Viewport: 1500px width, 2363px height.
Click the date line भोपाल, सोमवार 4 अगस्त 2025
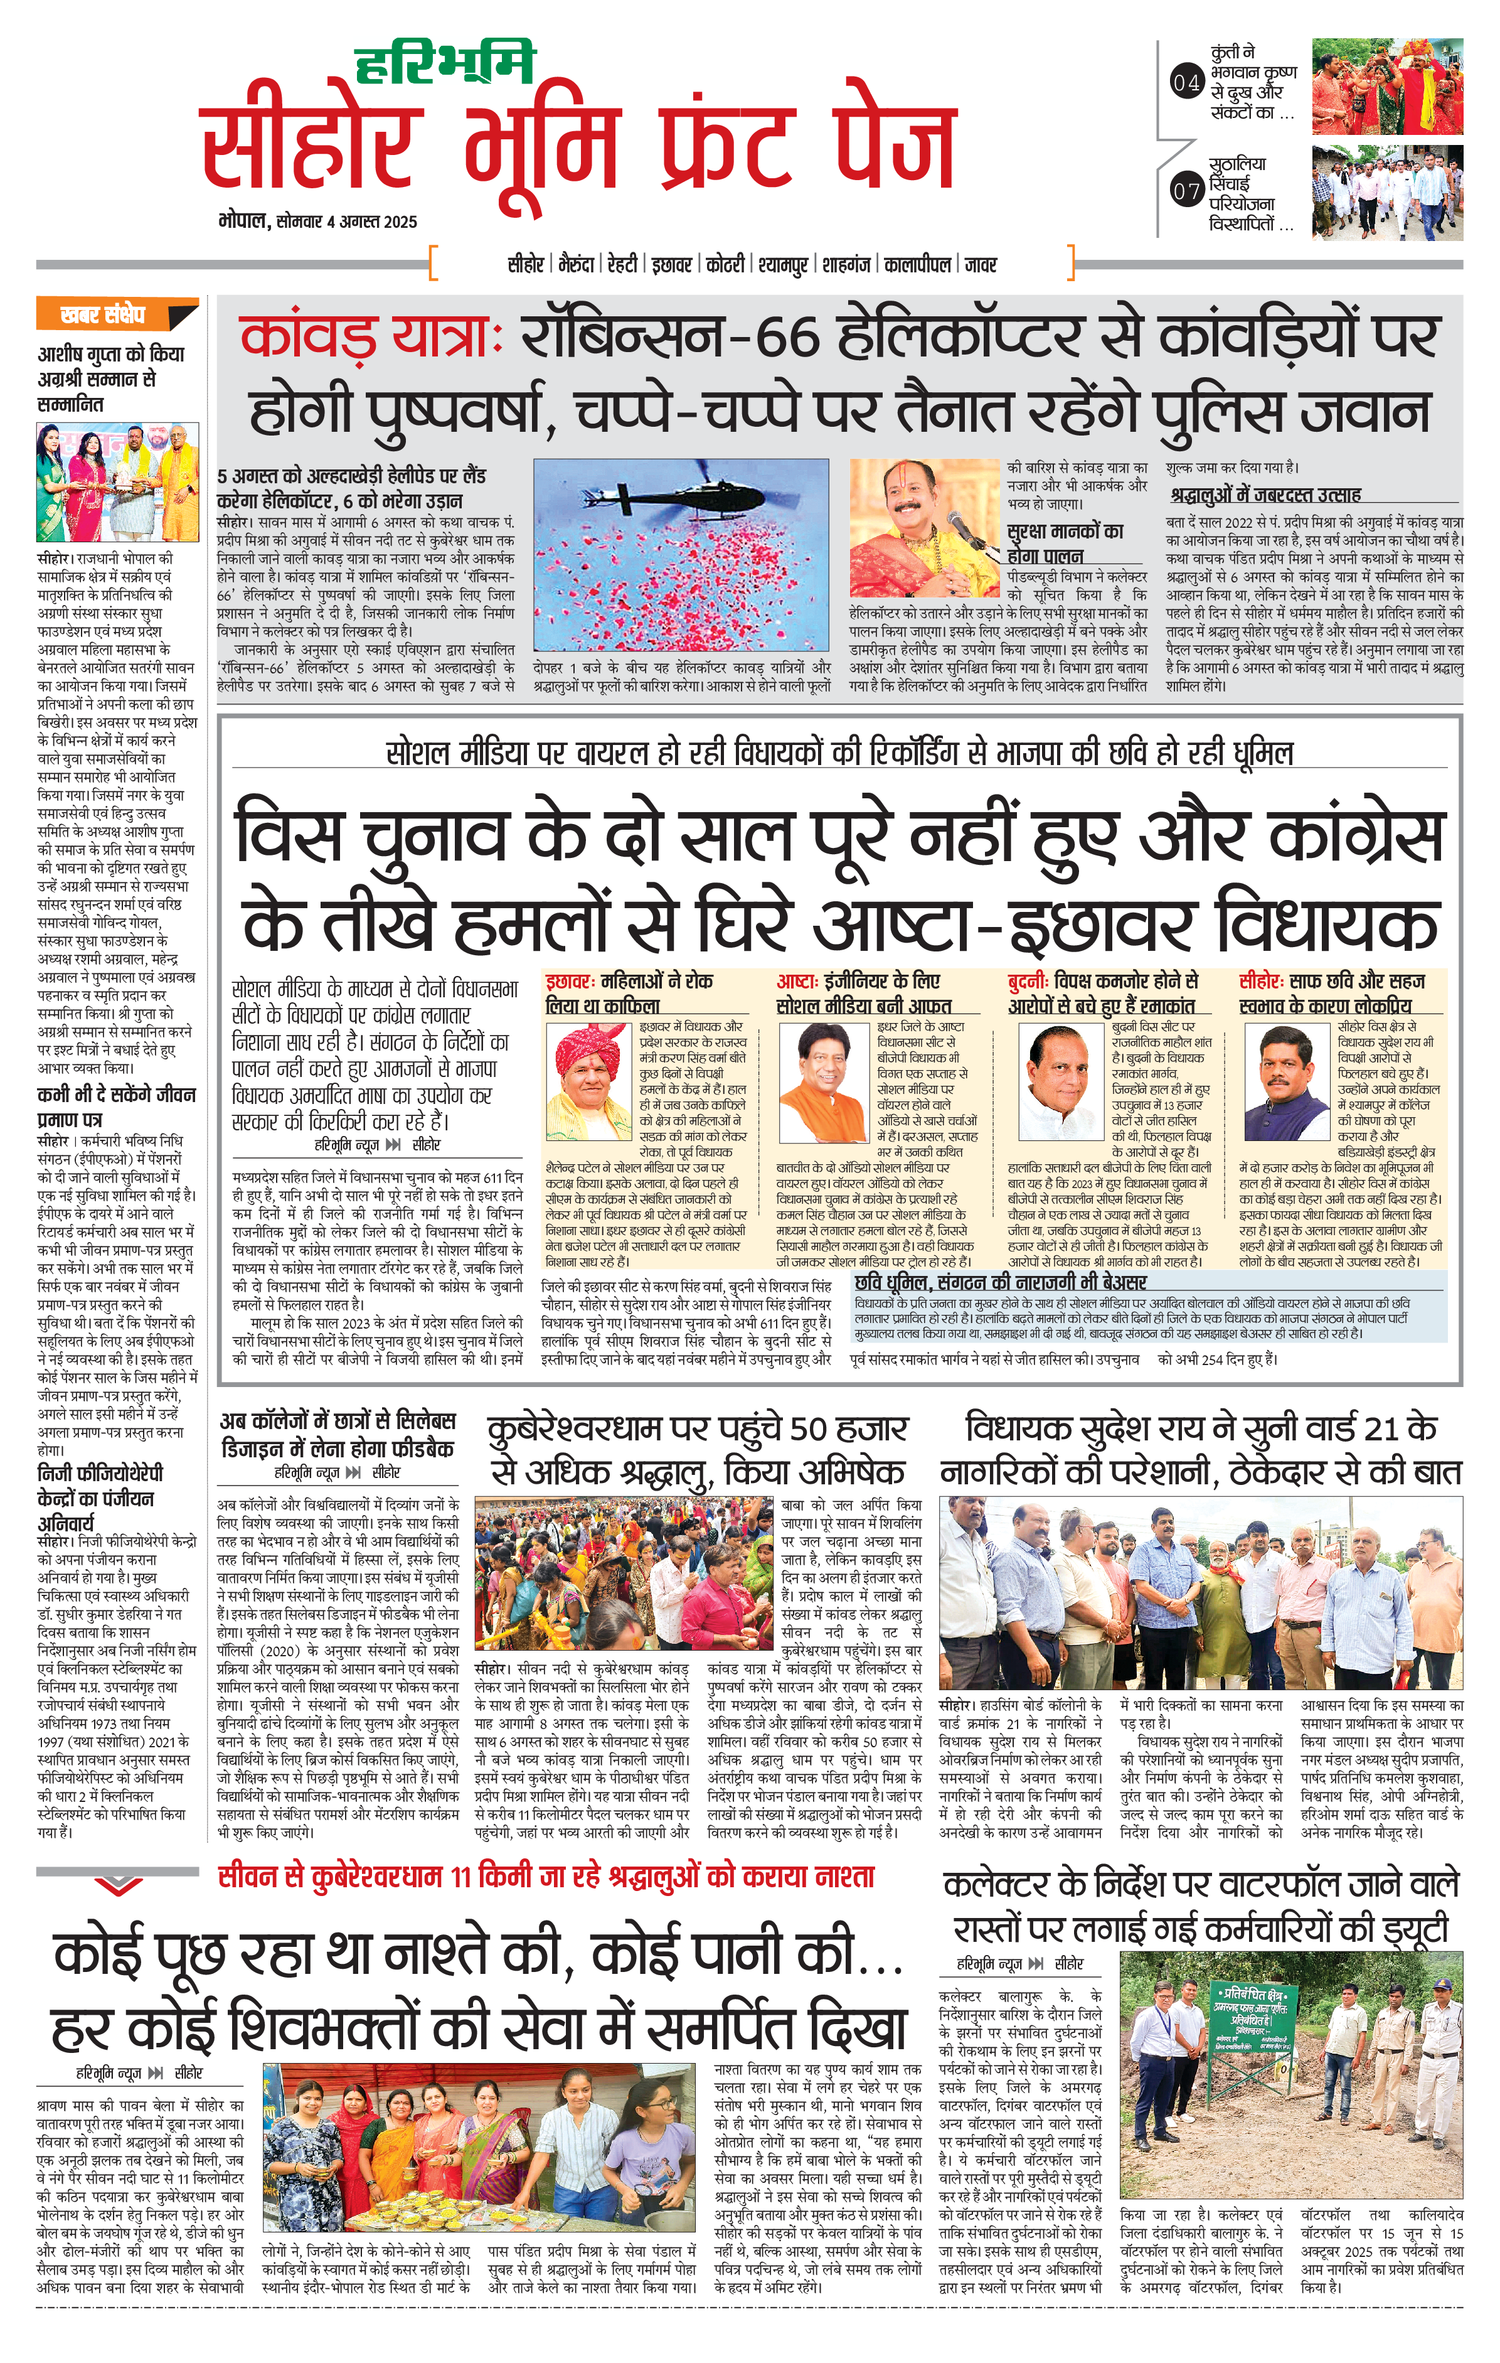318,222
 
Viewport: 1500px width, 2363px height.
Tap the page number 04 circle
1186,83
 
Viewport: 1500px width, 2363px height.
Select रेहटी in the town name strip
622,265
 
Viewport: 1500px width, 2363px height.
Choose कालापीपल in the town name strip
917,265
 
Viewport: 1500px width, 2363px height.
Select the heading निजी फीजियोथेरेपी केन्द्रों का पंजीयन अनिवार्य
100,1499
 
